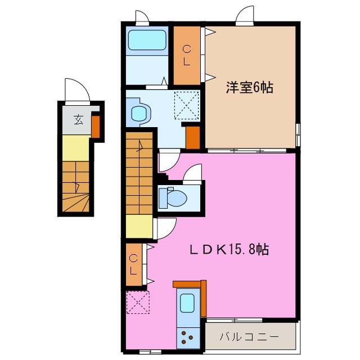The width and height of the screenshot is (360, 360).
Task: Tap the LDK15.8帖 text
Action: click(x=228, y=249)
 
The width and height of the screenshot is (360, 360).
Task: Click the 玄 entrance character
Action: click(x=78, y=119)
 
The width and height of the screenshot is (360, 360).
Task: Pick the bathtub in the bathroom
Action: click(x=146, y=40)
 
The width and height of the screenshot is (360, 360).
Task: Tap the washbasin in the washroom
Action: click(x=139, y=112)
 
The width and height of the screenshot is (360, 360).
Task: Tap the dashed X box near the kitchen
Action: click(x=136, y=302)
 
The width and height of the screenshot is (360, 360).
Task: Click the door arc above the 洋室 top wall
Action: click(x=245, y=15)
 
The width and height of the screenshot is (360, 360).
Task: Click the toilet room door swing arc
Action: click(x=193, y=173)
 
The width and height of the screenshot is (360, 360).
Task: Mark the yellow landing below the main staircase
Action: click(x=139, y=227)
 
